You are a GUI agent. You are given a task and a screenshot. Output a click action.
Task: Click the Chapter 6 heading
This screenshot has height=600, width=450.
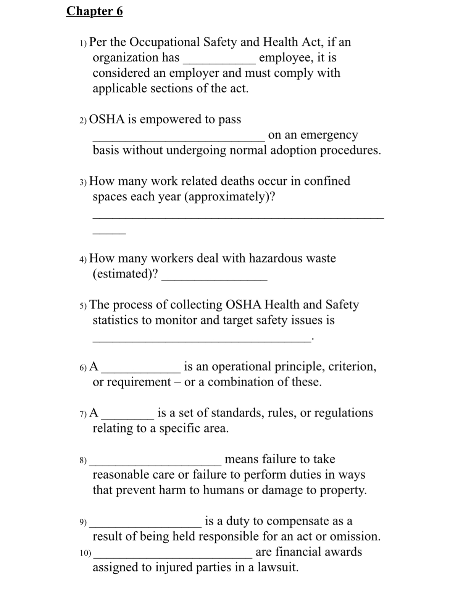(94, 11)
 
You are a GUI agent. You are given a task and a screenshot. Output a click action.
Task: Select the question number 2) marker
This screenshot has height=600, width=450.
(83, 120)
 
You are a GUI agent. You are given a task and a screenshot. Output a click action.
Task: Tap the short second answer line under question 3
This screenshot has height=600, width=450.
(109, 233)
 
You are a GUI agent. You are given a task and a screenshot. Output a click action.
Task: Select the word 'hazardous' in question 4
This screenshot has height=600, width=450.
(276, 258)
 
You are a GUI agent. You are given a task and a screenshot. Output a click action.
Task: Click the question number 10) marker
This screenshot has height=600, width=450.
(85, 553)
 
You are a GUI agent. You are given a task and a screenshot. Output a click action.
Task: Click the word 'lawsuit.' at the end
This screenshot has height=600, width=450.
(277, 568)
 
